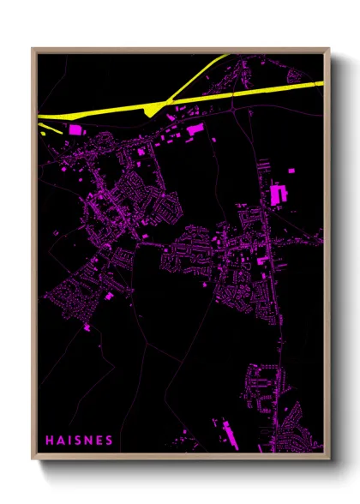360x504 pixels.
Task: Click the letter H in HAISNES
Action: pos(50,441)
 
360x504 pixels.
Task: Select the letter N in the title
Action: pos(88,441)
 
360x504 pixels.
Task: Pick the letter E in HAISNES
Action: pos(99,441)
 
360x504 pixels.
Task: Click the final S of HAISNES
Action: pos(109,441)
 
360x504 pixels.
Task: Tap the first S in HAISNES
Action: pos(78,441)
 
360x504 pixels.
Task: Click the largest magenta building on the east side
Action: pos(278,194)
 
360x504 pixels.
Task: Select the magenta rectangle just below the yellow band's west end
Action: pos(75,129)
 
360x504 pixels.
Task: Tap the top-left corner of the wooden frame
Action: pos(33,49)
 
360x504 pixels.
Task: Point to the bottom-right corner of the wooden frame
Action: pos(328,459)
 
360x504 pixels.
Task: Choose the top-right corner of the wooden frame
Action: pos(328,49)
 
